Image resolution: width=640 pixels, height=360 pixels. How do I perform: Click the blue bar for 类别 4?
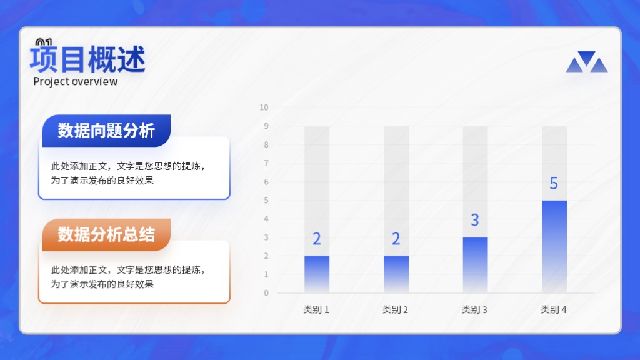[x=554, y=246]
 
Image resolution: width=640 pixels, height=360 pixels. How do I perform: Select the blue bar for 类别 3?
[x=475, y=265]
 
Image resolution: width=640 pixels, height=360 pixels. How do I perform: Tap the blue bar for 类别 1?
[x=317, y=274]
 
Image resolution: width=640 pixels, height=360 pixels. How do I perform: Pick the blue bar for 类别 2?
[x=396, y=274]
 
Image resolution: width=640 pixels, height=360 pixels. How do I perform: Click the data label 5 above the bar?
[x=554, y=183]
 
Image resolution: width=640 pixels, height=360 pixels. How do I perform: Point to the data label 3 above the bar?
[x=475, y=220]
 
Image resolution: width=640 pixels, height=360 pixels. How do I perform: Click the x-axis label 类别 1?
[x=316, y=310]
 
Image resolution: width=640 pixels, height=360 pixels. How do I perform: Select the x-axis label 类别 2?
[x=395, y=310]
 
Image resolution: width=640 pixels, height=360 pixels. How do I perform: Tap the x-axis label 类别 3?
[x=474, y=310]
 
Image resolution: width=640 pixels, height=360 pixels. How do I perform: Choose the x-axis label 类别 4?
[x=554, y=310]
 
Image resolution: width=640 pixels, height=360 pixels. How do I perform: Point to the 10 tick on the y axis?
[x=264, y=107]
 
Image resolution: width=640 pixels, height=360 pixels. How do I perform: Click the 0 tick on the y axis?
[x=266, y=293]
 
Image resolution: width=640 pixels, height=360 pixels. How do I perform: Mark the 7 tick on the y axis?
[x=266, y=163]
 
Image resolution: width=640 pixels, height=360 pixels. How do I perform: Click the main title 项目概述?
[x=87, y=59]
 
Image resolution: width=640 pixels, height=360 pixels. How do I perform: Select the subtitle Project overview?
[x=76, y=81]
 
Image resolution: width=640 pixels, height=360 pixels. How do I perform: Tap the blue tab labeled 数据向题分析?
[x=106, y=131]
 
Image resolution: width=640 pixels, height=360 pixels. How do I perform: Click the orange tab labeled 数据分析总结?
[x=106, y=235]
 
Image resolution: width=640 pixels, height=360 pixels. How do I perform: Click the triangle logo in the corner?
[x=586, y=62]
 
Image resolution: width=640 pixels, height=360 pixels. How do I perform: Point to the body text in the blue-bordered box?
[x=128, y=173]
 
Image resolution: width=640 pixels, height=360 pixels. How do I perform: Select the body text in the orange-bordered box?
[x=128, y=277]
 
